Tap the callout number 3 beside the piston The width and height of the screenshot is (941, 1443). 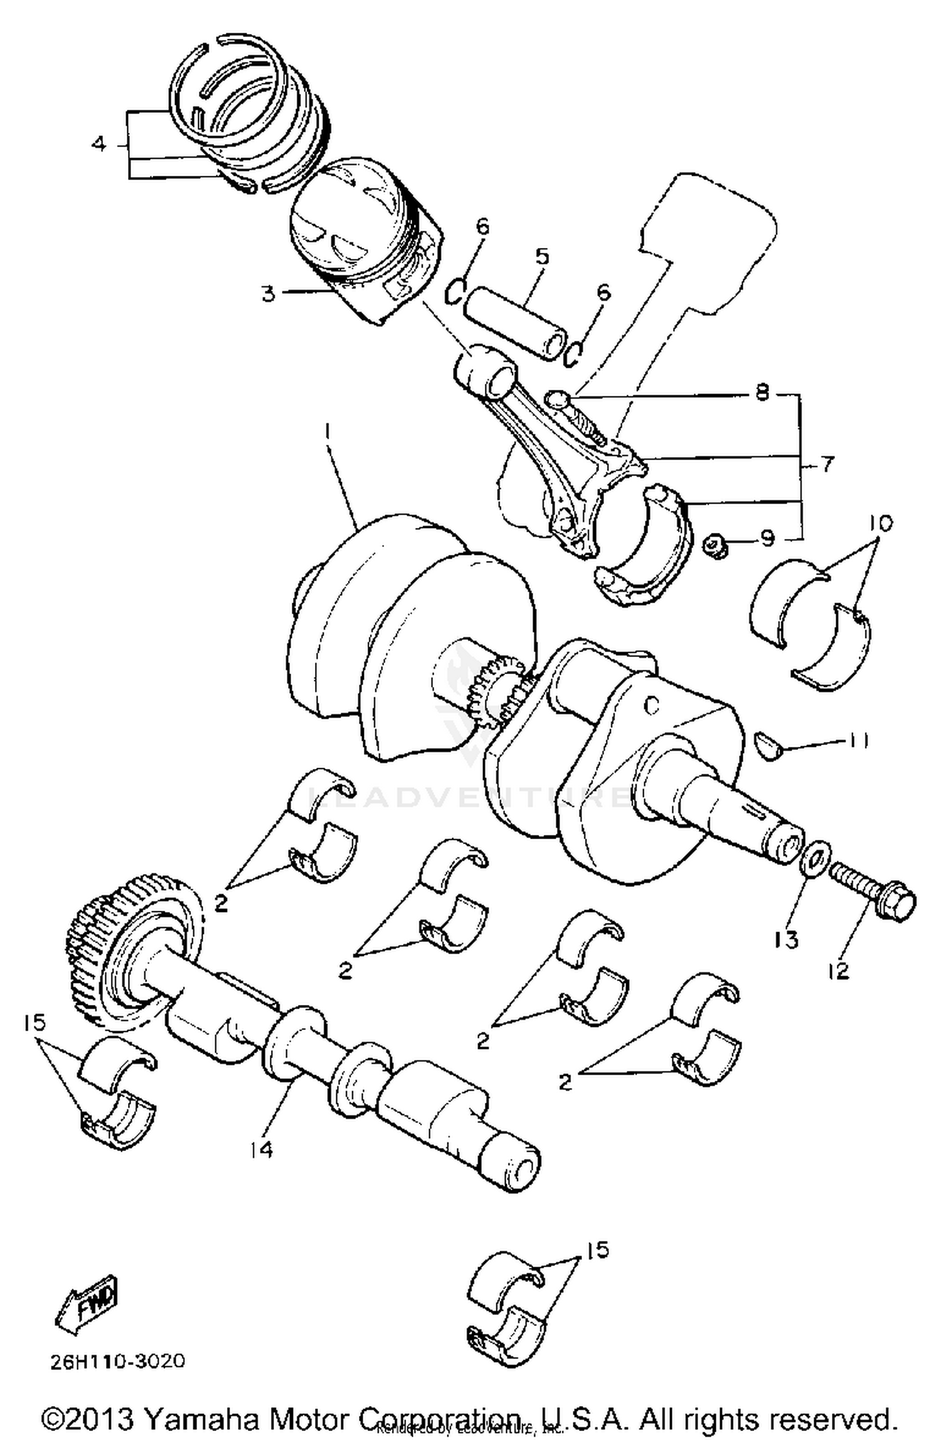268,293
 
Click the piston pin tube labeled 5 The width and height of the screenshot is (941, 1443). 511,323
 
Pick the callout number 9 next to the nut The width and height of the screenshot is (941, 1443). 768,538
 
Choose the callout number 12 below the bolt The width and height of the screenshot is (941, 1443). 838,971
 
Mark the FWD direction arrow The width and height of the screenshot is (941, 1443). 88,1304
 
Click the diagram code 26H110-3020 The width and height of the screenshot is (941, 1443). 119,1361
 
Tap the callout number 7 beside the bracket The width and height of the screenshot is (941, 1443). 827,465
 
